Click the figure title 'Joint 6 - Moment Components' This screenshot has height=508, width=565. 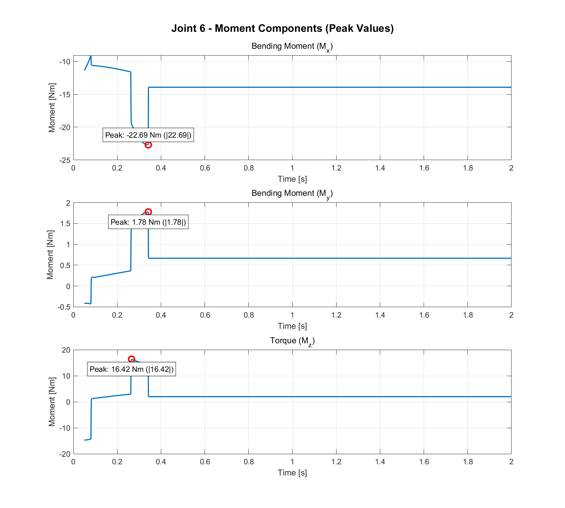282,28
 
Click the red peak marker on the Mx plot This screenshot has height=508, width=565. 148,145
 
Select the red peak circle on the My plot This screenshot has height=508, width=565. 148,212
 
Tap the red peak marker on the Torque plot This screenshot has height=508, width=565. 132,359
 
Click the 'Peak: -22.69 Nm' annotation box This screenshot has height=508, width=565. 148,135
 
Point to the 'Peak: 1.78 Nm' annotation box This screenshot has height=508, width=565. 148,222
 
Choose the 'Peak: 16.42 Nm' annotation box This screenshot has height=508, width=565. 132,369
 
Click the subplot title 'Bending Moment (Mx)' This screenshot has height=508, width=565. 292,47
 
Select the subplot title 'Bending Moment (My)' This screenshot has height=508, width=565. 292,194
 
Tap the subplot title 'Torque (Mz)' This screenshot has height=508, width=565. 292,341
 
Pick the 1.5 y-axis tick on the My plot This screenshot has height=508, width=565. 65,224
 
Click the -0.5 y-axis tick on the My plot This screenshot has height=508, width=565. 64,307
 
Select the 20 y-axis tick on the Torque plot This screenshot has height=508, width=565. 66,350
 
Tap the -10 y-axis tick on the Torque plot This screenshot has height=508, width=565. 65,428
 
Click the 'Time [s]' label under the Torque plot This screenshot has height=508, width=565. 292,473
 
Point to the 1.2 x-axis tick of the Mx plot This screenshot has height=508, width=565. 336,168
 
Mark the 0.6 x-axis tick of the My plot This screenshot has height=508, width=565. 205,315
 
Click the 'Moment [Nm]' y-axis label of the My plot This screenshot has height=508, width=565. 50,255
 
